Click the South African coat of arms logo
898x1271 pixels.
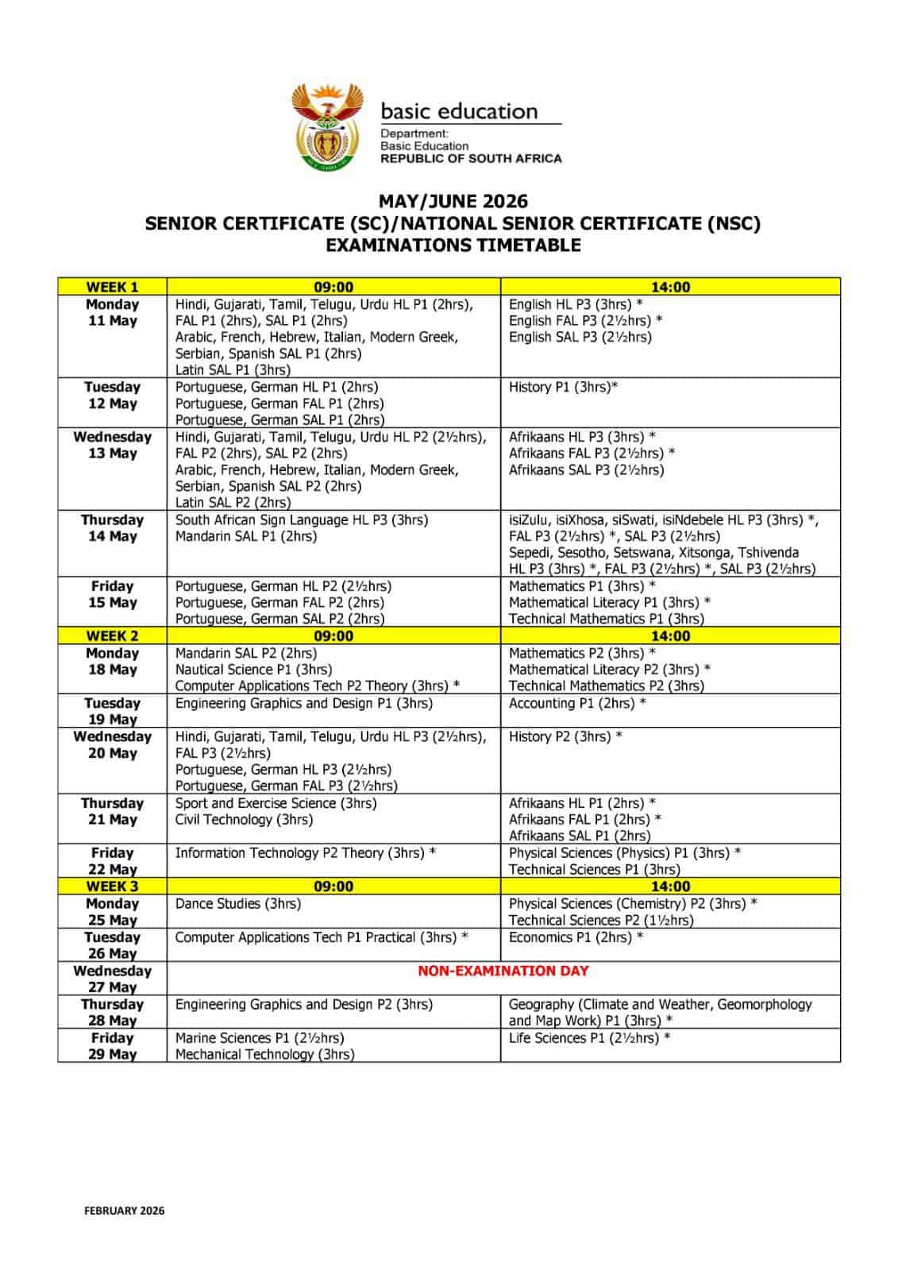(325, 126)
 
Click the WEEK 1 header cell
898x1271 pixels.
(112, 287)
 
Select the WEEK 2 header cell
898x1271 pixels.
(112, 635)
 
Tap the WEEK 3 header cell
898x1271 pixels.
(112, 886)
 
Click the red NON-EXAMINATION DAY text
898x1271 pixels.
(503, 971)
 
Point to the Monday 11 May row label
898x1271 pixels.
(112, 313)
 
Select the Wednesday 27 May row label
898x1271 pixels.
(112, 979)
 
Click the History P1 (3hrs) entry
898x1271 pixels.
(563, 387)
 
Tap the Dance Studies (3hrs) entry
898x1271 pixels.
(238, 903)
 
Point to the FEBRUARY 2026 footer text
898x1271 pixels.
(125, 1211)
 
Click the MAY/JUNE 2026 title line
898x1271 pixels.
(453, 202)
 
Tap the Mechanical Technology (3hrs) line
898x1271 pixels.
(264, 1054)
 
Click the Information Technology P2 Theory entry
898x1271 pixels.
(306, 853)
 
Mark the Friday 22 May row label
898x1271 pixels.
(112, 861)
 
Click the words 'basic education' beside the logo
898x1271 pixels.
(459, 111)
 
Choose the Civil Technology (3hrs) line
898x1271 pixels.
(244, 819)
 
